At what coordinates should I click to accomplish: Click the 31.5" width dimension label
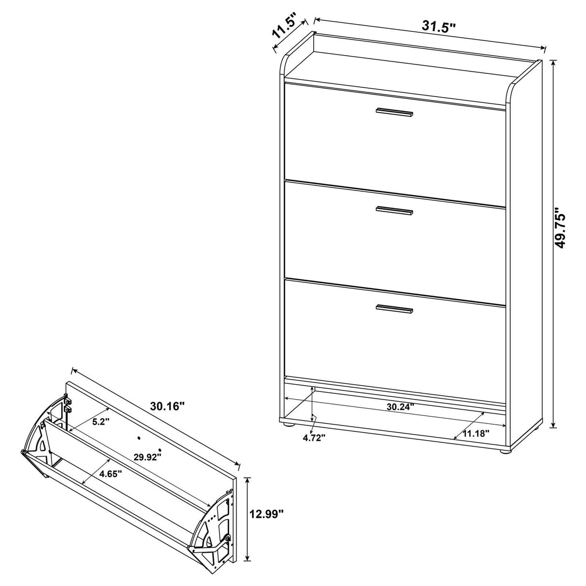pos(439,27)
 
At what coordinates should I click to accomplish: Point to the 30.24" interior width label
pos(401,406)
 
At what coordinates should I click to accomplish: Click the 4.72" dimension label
pos(314,437)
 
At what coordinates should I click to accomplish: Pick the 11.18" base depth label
pos(475,433)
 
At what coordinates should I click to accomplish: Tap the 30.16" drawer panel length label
pos(167,406)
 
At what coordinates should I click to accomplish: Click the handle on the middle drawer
pos(394,210)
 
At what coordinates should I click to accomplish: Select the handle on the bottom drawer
pos(394,309)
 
